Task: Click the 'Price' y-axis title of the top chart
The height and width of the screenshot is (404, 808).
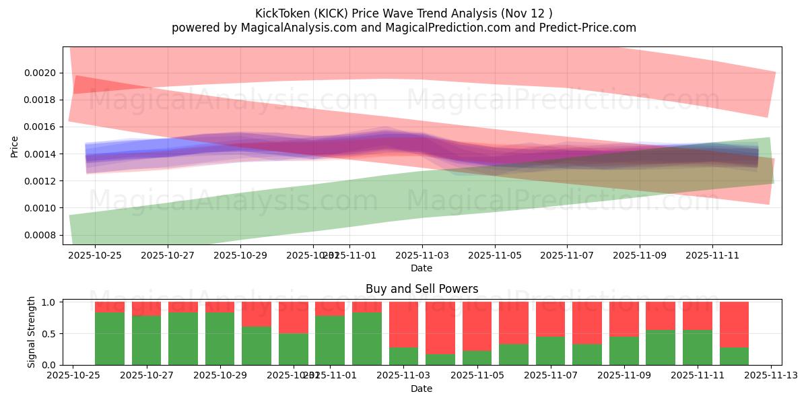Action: click(x=15, y=146)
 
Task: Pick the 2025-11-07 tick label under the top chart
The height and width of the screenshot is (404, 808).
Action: click(x=567, y=256)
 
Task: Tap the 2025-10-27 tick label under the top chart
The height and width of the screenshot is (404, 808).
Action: click(x=168, y=256)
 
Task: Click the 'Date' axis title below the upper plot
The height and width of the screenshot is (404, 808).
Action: click(x=422, y=268)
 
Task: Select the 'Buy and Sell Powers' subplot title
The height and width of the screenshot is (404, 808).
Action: click(x=422, y=289)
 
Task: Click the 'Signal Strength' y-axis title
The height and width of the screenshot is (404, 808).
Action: click(x=32, y=333)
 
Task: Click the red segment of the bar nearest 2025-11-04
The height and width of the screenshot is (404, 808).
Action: click(x=440, y=327)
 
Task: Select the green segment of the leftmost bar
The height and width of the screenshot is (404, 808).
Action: click(x=110, y=339)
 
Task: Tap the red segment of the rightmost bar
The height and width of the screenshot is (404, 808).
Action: click(x=734, y=324)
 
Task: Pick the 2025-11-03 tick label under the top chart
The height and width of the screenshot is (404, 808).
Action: click(x=422, y=256)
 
